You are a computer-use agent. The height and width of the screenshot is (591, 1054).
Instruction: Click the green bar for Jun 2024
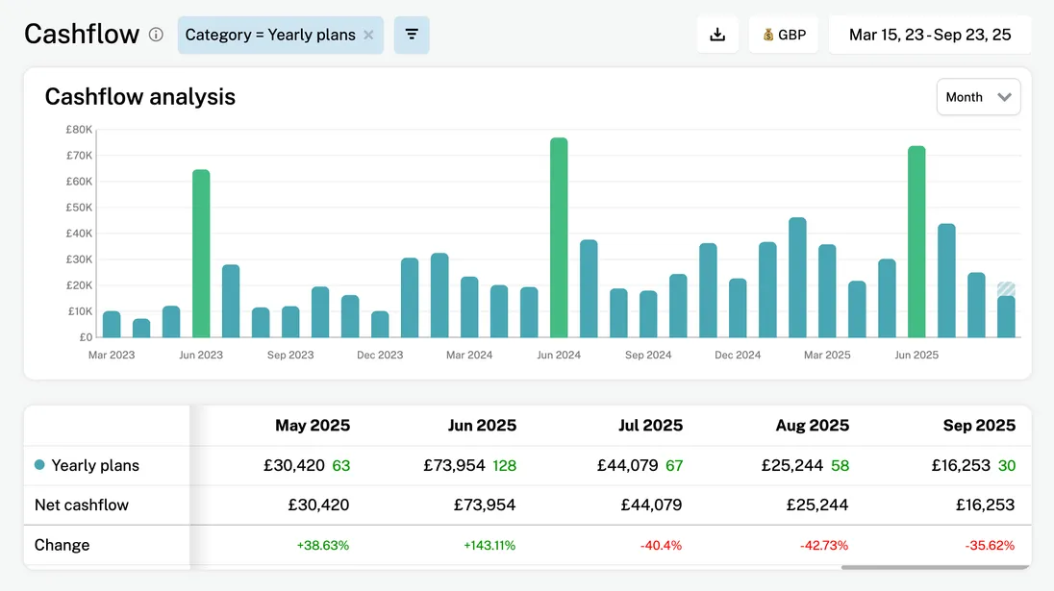[x=559, y=238]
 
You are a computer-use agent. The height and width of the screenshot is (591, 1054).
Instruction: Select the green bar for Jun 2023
[x=201, y=254]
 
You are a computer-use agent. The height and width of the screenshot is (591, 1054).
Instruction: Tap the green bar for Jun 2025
[x=916, y=242]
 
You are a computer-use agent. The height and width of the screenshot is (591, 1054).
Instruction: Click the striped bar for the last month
[x=1006, y=289]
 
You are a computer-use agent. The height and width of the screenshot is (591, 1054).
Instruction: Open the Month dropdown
[x=978, y=97]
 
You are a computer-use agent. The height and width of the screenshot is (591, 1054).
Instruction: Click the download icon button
[x=717, y=35]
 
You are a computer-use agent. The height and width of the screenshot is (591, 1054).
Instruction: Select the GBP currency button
[x=783, y=35]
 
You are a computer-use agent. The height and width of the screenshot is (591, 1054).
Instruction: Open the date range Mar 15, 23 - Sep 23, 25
[x=929, y=35]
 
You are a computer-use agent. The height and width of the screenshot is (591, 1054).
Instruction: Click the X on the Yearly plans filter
[x=368, y=35]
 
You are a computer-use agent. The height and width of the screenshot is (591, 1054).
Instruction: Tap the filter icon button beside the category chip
[x=412, y=35]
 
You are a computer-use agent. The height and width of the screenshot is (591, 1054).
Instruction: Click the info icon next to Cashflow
[x=156, y=35]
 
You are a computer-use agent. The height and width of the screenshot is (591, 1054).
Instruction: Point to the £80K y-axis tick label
[x=79, y=130]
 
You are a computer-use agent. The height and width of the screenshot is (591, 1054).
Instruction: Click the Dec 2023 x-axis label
[x=380, y=356]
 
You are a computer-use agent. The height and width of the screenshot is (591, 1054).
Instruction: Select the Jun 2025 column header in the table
[x=482, y=425]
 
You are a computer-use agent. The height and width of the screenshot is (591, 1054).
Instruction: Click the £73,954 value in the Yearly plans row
[x=455, y=465]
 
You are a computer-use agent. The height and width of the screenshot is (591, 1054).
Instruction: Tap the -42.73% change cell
[x=824, y=545]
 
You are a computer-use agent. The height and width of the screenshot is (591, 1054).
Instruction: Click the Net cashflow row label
[x=82, y=505]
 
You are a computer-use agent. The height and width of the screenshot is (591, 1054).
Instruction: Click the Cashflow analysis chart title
[x=140, y=97]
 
